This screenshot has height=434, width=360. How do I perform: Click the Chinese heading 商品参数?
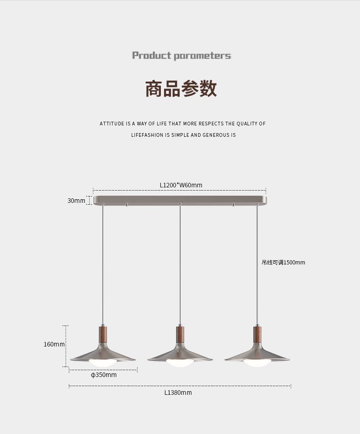[x=181, y=88]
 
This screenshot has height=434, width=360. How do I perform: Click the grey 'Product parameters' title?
[x=181, y=56]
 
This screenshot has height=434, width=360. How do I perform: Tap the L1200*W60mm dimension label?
[x=181, y=185]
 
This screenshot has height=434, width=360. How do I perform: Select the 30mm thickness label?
[x=76, y=201]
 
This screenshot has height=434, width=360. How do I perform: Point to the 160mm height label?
[x=54, y=344]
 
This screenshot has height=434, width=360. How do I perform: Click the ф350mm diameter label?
[x=103, y=375]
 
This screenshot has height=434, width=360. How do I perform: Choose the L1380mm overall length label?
[x=178, y=393]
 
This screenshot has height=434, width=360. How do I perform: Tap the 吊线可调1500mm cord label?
[x=283, y=263]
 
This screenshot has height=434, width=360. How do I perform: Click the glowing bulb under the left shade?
[x=103, y=362]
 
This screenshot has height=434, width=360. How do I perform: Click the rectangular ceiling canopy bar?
[x=180, y=200]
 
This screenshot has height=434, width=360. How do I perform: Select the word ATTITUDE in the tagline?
[x=112, y=124]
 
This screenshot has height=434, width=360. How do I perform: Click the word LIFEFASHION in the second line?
[x=147, y=135]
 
